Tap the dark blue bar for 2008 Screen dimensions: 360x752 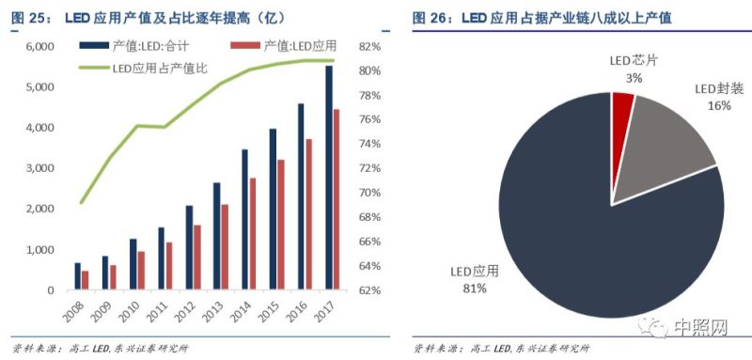pos(77,276)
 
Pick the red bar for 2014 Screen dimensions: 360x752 pos(252,233)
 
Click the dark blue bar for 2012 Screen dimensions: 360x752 pos(189,247)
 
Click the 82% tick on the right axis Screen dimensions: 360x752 pos(368,46)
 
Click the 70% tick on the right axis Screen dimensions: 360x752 pos(368,193)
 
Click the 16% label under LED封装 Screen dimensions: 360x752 pos(719,106)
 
